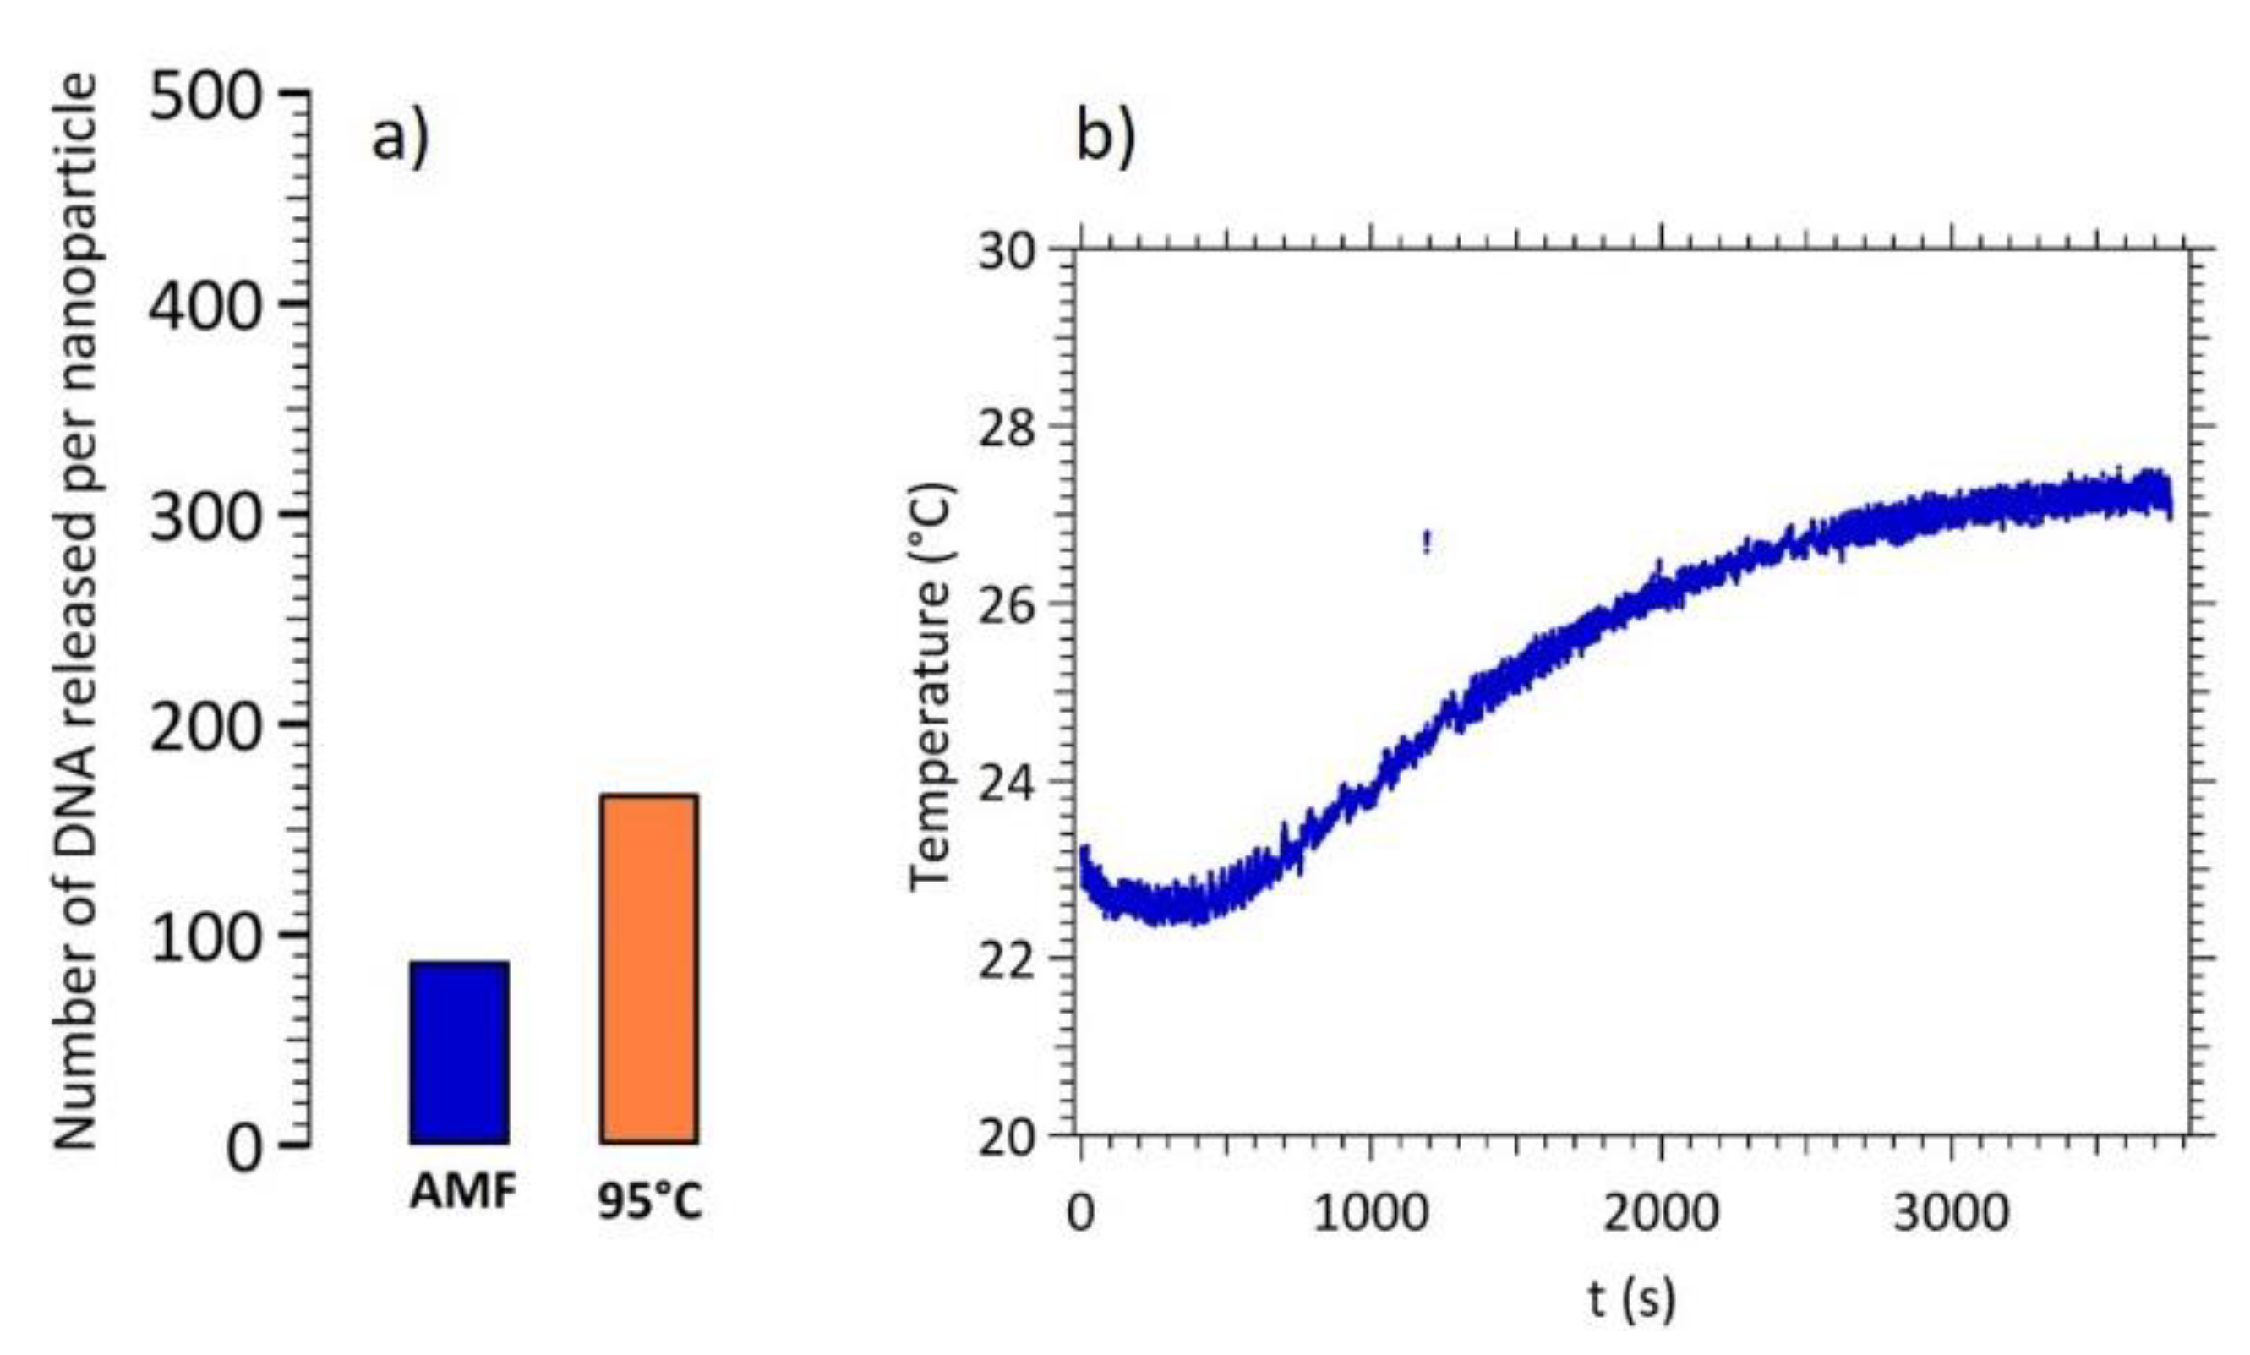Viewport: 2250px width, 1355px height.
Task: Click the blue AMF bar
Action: click(459, 1051)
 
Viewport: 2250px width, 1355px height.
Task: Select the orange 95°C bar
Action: click(649, 968)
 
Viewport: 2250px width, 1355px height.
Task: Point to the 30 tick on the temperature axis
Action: click(1008, 251)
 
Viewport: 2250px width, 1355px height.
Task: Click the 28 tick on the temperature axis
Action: click(1008, 428)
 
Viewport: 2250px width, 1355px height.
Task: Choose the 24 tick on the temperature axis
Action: click(1008, 782)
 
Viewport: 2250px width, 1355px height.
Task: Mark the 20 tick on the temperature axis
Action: click(1008, 1137)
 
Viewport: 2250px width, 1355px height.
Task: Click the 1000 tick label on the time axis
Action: click(1370, 1215)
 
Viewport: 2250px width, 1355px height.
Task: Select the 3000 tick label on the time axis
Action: click(1951, 1215)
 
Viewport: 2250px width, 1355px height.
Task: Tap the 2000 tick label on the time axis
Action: click(1660, 1215)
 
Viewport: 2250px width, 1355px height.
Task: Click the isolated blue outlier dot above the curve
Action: click(1426, 543)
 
